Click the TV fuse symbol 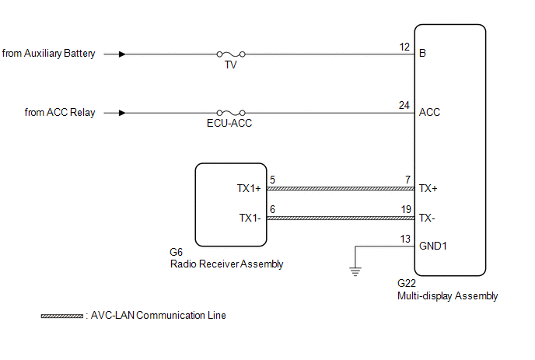230,54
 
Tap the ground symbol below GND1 355,271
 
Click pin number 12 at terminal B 404,47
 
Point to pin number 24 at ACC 404,105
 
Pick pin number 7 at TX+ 407,180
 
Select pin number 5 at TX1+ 271,180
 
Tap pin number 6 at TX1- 271,209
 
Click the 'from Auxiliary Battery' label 49,54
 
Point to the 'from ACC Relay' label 60,113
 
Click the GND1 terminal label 434,246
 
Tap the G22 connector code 405,284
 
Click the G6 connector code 176,252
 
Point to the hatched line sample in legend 61,316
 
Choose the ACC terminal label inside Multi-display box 429,113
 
